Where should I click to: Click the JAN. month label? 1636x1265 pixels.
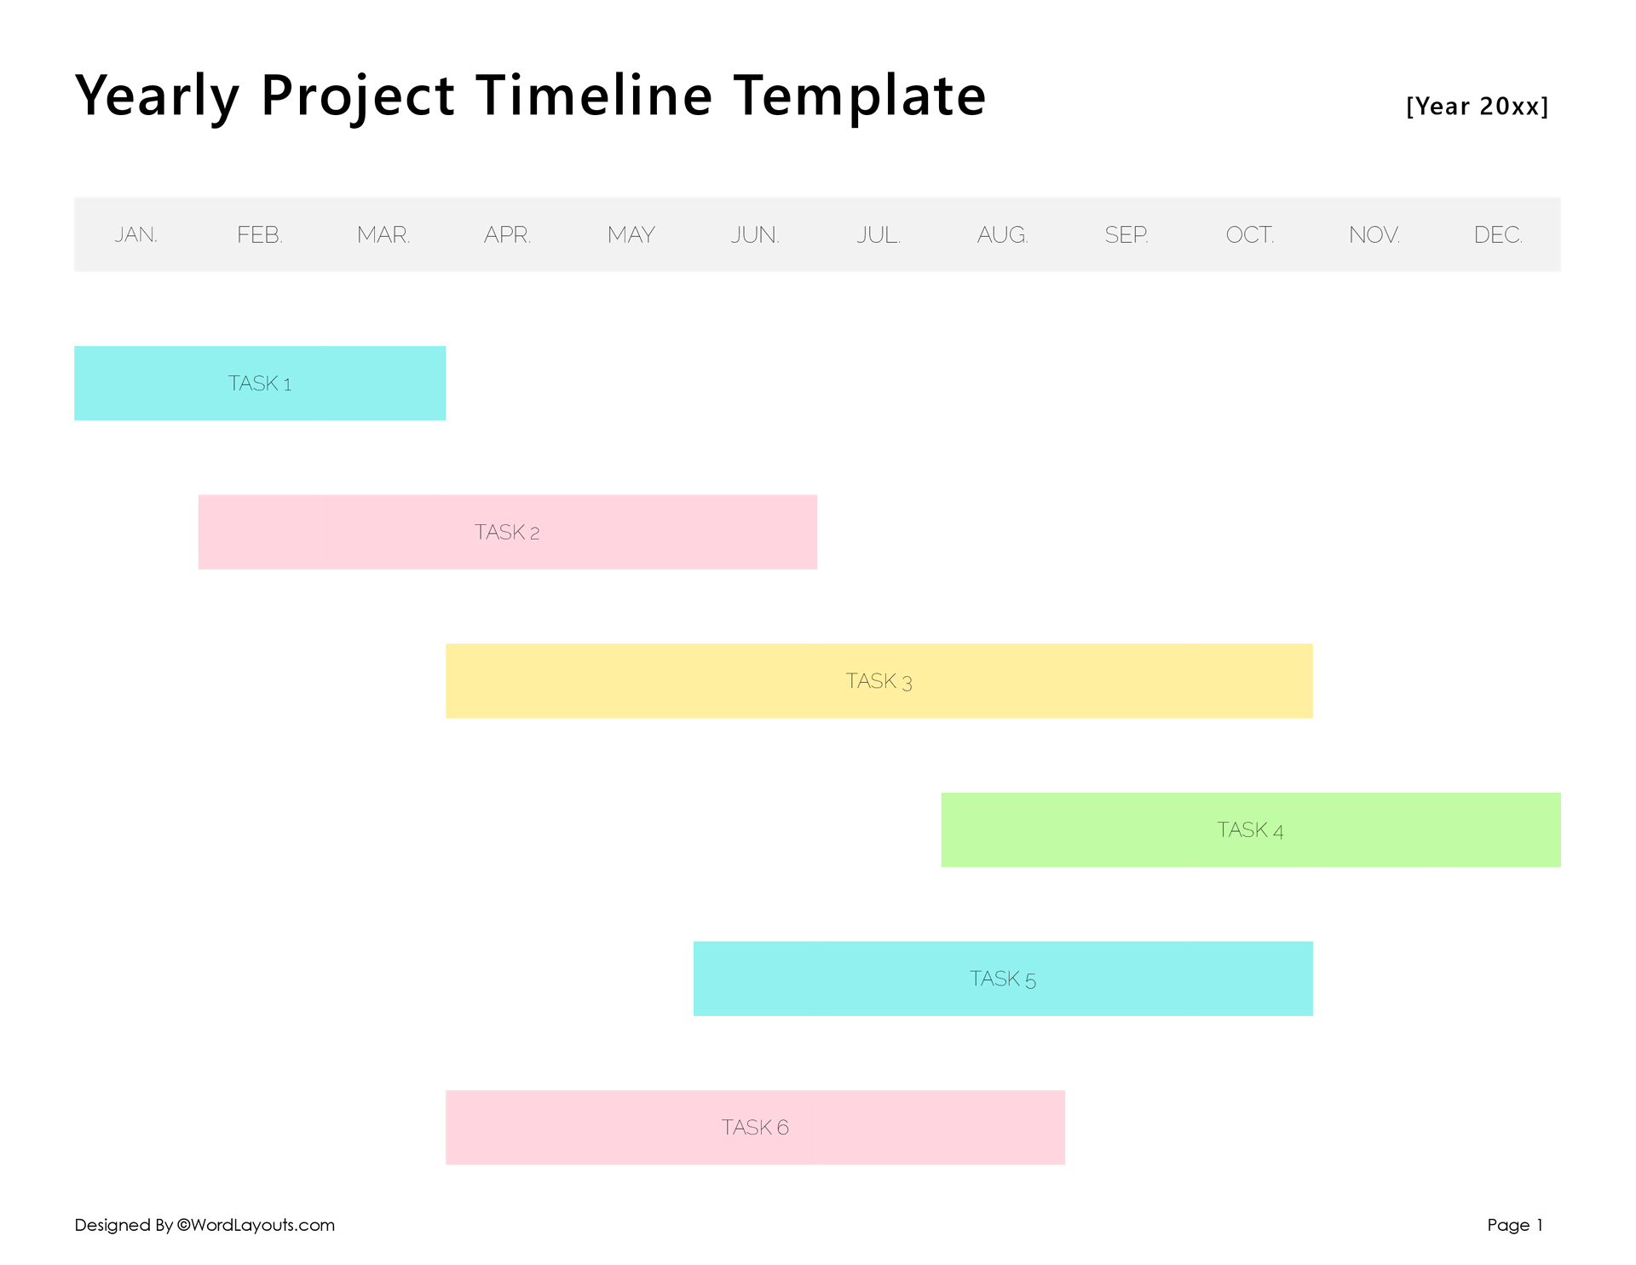coord(136,234)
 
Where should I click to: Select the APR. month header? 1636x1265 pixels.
coord(507,234)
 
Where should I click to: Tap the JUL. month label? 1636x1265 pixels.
coord(878,234)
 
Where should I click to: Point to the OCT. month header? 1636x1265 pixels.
coord(1250,234)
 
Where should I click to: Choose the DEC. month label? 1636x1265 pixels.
coord(1498,234)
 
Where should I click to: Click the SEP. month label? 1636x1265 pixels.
coord(1126,234)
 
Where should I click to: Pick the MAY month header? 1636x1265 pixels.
coord(631,234)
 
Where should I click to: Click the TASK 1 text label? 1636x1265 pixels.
coord(260,384)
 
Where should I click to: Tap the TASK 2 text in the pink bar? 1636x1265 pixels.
coord(507,532)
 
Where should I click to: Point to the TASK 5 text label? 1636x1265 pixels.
coord(1003,979)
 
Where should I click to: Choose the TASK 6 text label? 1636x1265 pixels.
coord(755,1127)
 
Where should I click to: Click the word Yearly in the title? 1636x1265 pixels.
coord(157,95)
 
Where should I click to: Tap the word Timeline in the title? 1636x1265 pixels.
coord(594,95)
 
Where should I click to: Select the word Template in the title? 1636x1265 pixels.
coord(859,95)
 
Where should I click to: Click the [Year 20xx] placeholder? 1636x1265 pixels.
coord(1477,107)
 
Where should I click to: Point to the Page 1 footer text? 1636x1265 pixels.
coord(1515,1225)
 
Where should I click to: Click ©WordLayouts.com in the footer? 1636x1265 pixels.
coord(256,1225)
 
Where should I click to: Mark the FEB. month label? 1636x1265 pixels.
coord(260,234)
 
